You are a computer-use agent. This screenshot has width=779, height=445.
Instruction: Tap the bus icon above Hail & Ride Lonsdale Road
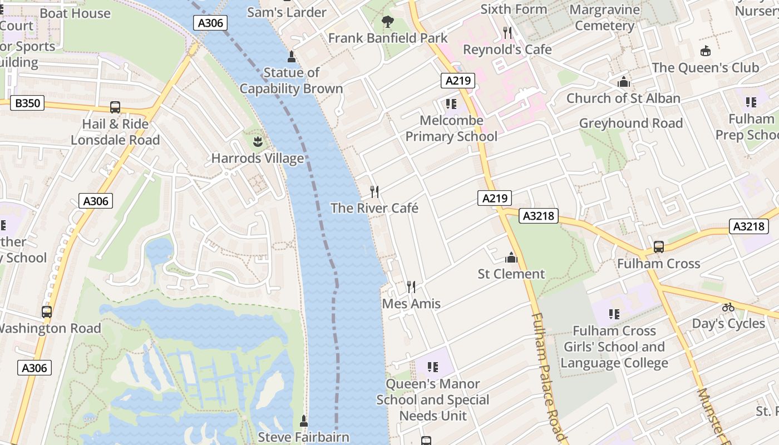tap(115, 107)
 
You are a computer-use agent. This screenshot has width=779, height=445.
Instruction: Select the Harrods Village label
tap(258, 159)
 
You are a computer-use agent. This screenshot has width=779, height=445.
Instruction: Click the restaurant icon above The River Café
tap(374, 192)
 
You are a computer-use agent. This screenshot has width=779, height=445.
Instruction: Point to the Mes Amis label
tap(411, 304)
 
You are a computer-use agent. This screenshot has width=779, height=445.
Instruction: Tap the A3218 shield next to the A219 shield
tap(539, 216)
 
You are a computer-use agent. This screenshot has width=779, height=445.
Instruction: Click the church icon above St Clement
tap(511, 258)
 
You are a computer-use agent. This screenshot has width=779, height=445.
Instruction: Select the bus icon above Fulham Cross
tap(659, 246)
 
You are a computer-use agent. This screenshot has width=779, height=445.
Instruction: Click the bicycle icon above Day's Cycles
tap(728, 307)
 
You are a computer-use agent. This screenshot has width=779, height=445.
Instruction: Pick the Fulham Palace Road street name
tap(548, 378)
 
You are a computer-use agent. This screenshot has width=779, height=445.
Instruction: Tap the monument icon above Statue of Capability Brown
tap(291, 57)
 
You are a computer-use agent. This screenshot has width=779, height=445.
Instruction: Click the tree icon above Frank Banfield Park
tap(388, 22)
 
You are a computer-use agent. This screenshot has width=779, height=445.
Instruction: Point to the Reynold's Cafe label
tap(507, 50)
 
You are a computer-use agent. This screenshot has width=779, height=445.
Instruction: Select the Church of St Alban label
tap(623, 98)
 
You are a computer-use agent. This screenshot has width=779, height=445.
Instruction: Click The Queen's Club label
tap(705, 68)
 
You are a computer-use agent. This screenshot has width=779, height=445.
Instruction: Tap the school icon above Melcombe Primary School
tap(451, 104)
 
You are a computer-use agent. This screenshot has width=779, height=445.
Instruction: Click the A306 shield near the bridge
tap(210, 23)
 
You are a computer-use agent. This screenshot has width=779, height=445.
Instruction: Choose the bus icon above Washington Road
tap(47, 312)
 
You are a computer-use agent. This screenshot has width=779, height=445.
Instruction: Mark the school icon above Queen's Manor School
tap(432, 367)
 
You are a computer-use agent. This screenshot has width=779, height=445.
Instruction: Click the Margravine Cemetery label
tap(604, 18)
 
